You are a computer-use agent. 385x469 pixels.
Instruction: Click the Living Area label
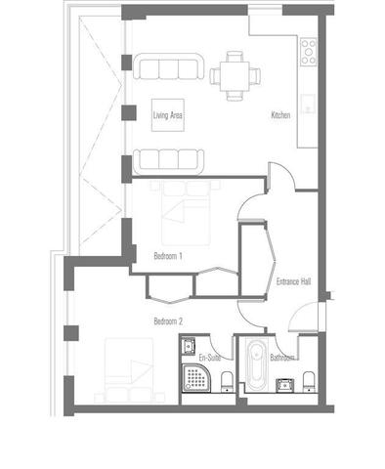pos(168,115)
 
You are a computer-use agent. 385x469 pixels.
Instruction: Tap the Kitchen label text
pos(280,115)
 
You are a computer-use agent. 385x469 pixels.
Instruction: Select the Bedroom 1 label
pos(168,256)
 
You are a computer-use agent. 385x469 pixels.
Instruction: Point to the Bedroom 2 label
pos(168,321)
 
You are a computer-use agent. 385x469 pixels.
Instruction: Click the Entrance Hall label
pos(293,281)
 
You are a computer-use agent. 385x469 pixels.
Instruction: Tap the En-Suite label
pos(210,358)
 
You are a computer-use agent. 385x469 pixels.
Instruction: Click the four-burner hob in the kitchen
pos(308,52)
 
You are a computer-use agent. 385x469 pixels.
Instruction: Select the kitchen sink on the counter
pos(308,104)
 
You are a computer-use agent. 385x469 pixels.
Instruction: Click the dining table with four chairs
pos(235,76)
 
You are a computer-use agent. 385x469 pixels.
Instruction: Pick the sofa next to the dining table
pos(168,66)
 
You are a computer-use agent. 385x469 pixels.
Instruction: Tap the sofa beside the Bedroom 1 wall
pos(168,161)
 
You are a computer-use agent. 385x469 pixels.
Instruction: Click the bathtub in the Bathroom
pos(257,365)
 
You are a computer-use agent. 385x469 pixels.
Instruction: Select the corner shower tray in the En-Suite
pos(196,378)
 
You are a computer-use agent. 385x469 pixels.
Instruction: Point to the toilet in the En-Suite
pos(227,381)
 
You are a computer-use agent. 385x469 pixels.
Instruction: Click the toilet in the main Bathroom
pos(309,381)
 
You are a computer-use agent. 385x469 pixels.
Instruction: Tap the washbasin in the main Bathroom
pos(285,385)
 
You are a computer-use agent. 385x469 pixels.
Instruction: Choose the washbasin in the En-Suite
pos(189,345)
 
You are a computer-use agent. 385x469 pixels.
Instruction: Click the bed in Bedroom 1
pos(186,213)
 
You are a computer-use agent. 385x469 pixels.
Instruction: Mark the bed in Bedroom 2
pos(129,370)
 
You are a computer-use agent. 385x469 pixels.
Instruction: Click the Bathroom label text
pos(282,358)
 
